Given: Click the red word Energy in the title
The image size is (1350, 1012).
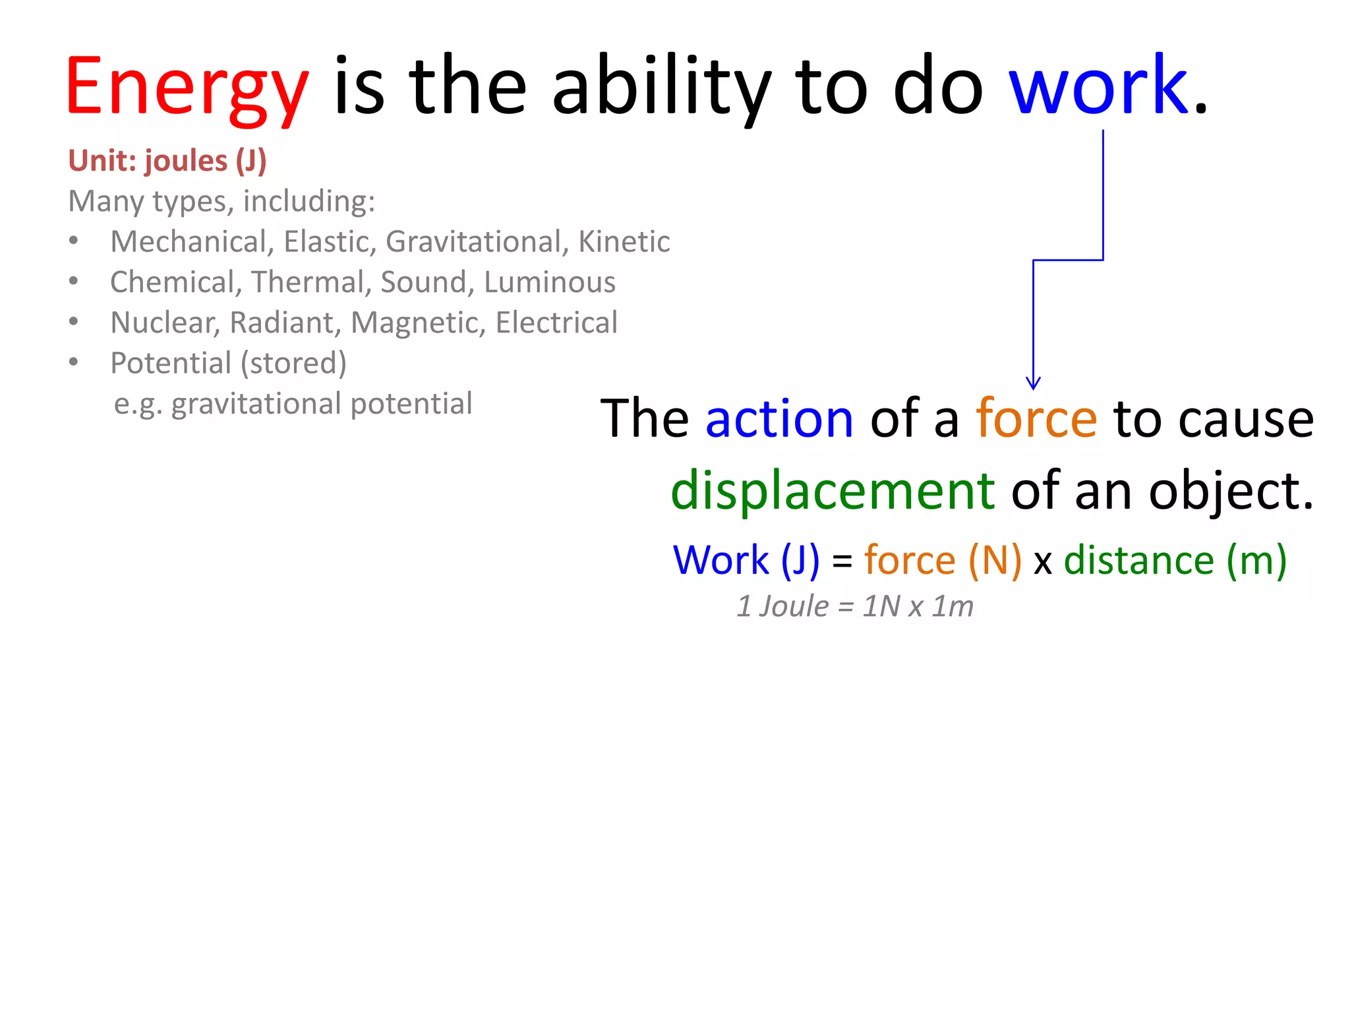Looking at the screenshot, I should (x=187, y=88).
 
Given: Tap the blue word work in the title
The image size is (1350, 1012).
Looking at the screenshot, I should (x=1098, y=86).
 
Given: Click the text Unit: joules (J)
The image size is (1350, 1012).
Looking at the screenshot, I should (x=167, y=161).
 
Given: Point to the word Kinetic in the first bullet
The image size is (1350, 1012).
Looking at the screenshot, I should (x=624, y=242).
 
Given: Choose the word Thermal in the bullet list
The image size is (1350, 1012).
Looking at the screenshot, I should (x=308, y=282).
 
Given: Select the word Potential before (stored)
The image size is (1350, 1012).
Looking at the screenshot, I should (x=171, y=363).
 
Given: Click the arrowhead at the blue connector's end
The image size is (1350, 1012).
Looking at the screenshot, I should (x=1033, y=383).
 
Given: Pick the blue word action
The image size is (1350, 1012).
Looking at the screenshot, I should (x=779, y=419).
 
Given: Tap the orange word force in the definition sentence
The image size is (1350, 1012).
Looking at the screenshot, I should (x=1036, y=419).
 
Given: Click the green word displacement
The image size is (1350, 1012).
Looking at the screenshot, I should (x=833, y=491).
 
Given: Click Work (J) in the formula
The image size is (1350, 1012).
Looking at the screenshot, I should (x=746, y=561).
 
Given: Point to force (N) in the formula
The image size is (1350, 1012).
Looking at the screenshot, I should (x=943, y=561).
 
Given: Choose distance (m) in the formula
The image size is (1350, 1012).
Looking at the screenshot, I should (x=1175, y=561).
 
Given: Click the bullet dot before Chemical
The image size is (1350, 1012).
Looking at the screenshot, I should (x=74, y=282).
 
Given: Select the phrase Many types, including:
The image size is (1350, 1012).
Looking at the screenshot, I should (x=221, y=202).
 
